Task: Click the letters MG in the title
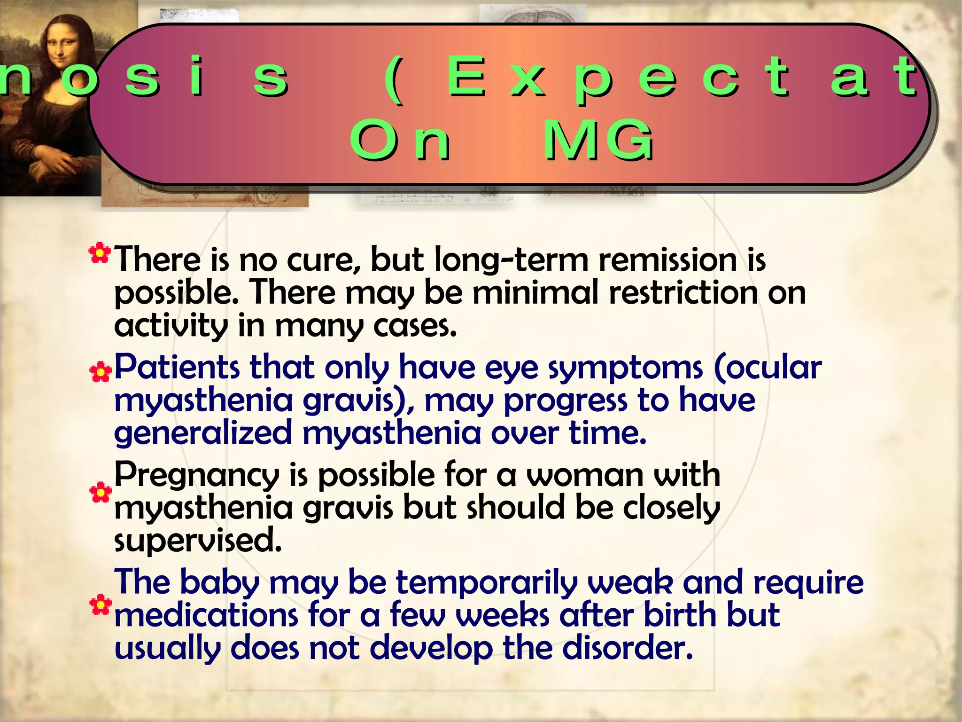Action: coord(597,140)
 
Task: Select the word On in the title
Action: coord(400,140)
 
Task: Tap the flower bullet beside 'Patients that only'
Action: coord(101,372)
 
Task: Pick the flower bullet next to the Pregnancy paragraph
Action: coord(101,492)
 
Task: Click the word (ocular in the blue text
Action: coord(768,367)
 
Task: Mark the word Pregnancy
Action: coord(196,476)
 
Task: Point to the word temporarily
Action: coord(486,583)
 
